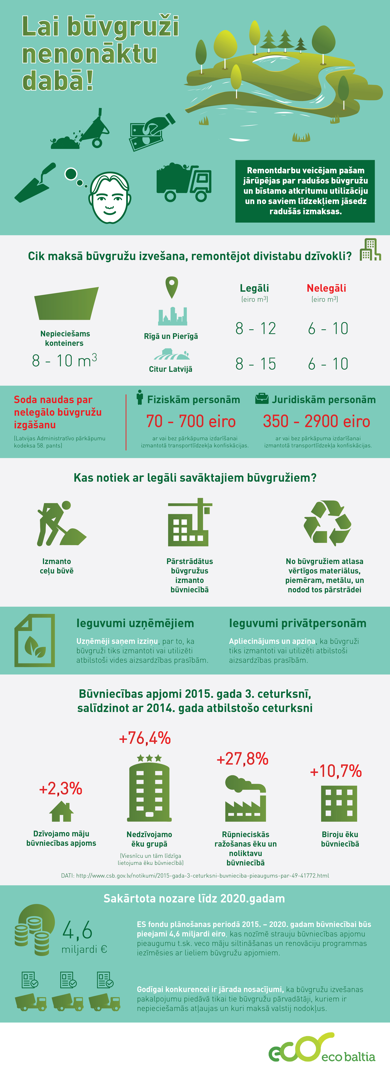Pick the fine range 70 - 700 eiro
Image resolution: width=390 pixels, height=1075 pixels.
pos(191,422)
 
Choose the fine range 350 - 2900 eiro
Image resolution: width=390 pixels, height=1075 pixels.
pos(316,422)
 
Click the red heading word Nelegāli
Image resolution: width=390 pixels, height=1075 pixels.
pos(326,288)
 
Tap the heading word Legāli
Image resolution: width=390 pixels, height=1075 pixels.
pos(254,288)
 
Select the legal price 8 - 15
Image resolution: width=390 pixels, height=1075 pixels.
pos(255,364)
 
